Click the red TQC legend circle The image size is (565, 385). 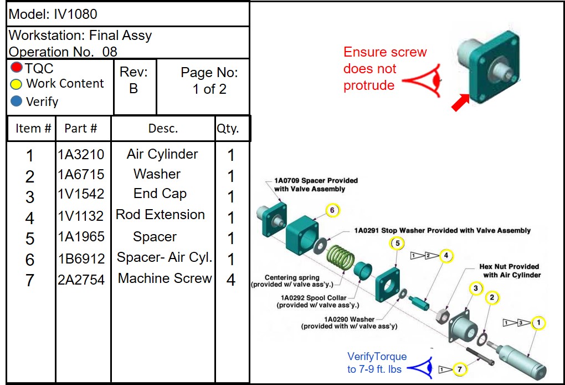(x=17, y=68)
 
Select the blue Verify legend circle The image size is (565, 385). (x=17, y=102)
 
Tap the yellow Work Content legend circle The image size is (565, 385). (x=17, y=84)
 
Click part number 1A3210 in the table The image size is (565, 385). (x=81, y=154)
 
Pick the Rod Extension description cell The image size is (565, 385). (x=160, y=215)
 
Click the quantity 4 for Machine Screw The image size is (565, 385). (x=231, y=280)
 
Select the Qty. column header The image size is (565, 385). (x=228, y=129)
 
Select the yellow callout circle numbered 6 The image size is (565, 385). (x=332, y=210)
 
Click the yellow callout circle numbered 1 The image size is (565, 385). (x=538, y=323)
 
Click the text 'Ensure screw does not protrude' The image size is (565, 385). (x=385, y=69)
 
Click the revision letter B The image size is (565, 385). (x=133, y=89)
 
